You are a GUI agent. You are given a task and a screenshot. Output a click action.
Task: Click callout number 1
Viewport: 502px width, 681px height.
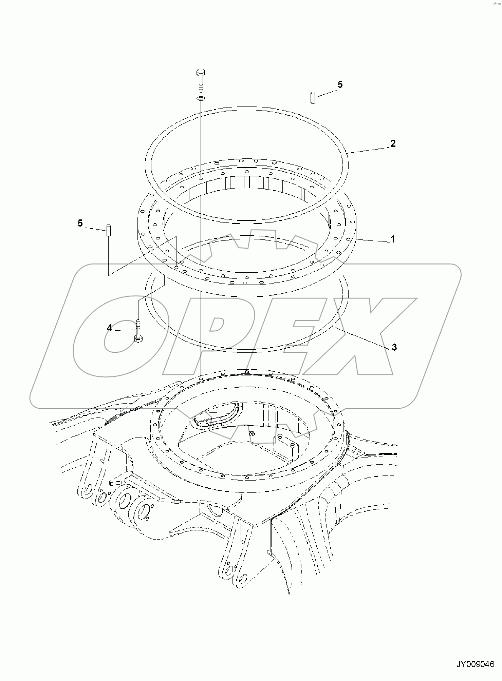[x=392, y=239]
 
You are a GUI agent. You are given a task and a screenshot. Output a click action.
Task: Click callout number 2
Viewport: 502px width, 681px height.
[x=393, y=143]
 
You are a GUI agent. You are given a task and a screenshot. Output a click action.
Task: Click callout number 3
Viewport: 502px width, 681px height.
[x=394, y=347]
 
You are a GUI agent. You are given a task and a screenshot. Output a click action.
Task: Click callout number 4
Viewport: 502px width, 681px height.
[x=109, y=328]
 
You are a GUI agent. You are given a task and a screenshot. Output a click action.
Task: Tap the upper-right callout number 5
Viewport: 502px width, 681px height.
[x=340, y=84]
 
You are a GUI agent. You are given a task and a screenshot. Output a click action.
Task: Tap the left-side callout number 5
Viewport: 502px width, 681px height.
[x=80, y=223]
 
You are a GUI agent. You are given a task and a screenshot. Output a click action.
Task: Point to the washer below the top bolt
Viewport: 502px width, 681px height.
[x=201, y=98]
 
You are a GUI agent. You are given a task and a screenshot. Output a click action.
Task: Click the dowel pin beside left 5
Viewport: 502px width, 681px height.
[x=109, y=231]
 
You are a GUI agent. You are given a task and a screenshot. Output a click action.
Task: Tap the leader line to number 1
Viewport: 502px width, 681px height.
[x=373, y=240]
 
